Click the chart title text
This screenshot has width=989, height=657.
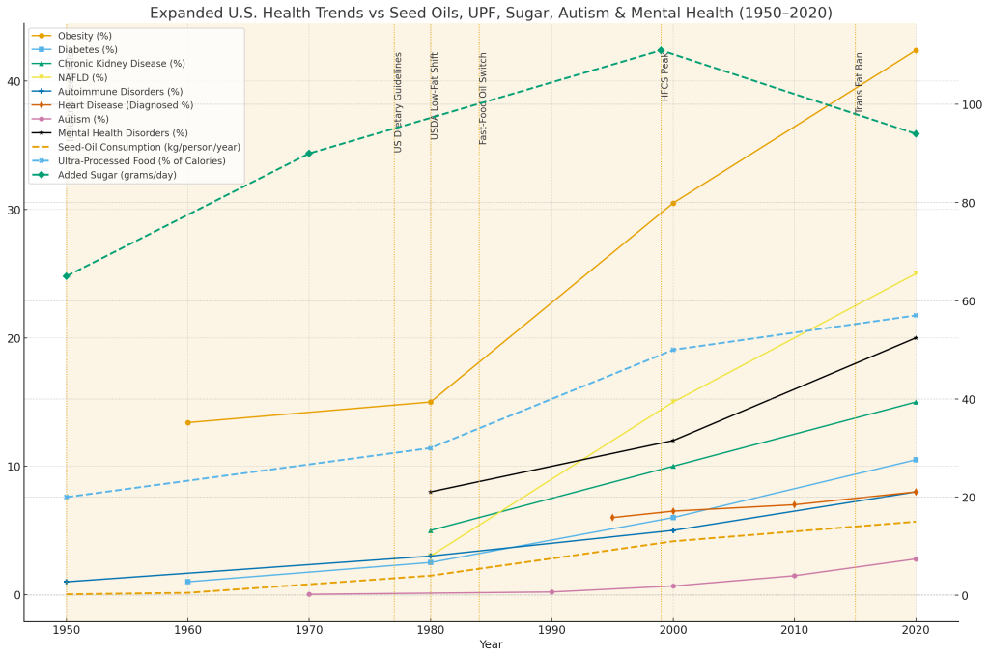pos(491,13)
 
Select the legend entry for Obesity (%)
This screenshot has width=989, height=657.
pos(86,36)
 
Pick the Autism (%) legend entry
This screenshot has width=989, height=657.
pos(85,119)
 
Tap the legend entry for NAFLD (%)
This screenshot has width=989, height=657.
pos(83,77)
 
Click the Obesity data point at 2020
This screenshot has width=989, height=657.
pos(916,50)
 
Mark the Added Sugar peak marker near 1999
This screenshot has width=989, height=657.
pos(661,50)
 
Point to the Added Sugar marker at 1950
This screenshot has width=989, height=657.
pos(67,276)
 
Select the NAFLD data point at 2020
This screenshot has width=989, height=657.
pos(916,273)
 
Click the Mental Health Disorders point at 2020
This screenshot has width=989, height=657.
pos(916,337)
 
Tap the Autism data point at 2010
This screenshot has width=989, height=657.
pos(794,576)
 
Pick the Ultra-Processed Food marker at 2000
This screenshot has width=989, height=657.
pos(673,350)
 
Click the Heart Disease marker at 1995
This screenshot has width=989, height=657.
pos(612,518)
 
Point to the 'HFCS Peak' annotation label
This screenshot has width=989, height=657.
pos(664,78)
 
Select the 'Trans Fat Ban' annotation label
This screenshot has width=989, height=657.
pos(859,83)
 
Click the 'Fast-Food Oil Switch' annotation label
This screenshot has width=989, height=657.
pos(483,99)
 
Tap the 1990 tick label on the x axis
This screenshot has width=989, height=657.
pos(551,630)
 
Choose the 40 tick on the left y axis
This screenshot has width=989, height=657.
pos(13,81)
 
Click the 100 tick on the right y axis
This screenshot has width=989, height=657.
pos(969,104)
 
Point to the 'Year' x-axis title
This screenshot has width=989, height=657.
pos(491,644)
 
